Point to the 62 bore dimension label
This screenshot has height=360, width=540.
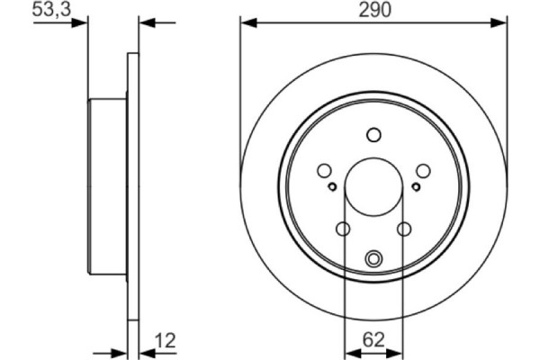point(373,339)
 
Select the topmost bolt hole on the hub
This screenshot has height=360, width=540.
point(373,135)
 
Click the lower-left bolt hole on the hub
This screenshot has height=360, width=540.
point(343,229)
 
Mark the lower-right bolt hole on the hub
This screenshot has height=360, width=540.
point(404,229)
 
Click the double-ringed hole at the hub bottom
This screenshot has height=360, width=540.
point(373,261)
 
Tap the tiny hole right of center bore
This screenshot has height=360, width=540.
point(415,186)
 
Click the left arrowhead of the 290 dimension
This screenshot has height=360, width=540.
point(247,23)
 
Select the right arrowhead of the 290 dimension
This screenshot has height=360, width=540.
point(501,23)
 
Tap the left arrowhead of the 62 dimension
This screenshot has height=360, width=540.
point(349,351)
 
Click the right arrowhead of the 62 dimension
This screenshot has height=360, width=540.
point(398,351)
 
